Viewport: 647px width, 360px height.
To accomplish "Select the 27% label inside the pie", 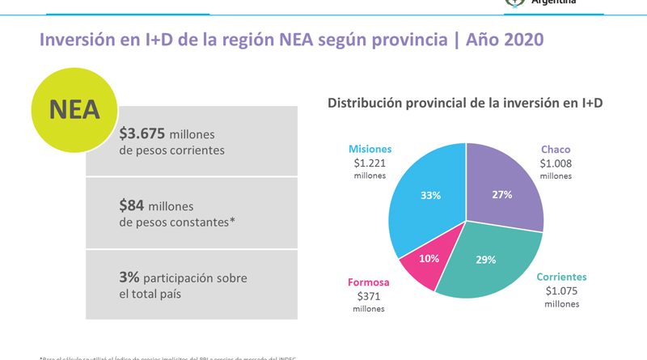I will click(502, 194).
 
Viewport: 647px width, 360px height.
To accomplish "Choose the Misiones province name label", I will click(370, 149).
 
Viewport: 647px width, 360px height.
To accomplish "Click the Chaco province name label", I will click(556, 148).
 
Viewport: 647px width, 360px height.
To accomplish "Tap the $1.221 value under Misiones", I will click(370, 163).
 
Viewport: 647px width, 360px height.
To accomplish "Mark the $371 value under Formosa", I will click(369, 297).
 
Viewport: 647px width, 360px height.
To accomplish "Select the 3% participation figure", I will click(129, 277).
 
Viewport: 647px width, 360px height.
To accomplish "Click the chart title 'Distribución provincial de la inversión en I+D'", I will click(465, 103).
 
